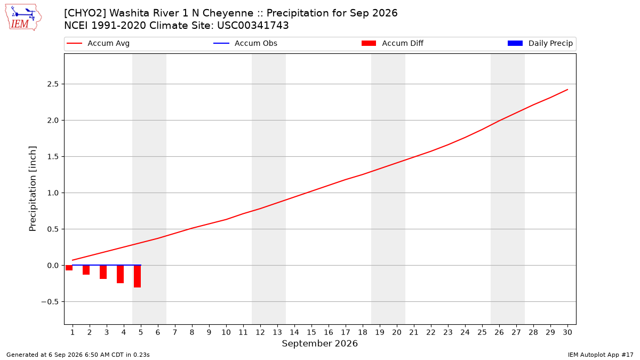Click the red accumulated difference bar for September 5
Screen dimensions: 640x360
coord(138,276)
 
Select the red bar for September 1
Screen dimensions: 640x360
coord(69,268)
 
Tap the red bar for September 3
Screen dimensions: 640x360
coord(103,272)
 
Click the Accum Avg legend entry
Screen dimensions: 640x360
coord(98,43)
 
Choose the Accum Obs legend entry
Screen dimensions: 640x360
coord(245,43)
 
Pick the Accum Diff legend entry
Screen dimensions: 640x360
coord(393,43)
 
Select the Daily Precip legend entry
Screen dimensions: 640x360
coord(540,43)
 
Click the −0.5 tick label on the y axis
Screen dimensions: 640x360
coord(50,302)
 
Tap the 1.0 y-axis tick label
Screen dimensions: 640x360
coord(53,193)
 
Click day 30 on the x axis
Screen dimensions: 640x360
coord(567,332)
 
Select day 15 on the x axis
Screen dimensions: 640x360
coord(311,332)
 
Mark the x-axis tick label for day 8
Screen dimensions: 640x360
coord(192,332)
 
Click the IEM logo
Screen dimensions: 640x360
coord(23,18)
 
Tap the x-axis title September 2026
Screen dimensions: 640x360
coord(319,343)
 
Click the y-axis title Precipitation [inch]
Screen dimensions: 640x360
coord(33,189)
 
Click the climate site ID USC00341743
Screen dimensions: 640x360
coord(253,26)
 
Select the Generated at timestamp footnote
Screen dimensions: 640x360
coord(78,355)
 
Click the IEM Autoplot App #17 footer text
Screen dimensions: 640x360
coord(601,355)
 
